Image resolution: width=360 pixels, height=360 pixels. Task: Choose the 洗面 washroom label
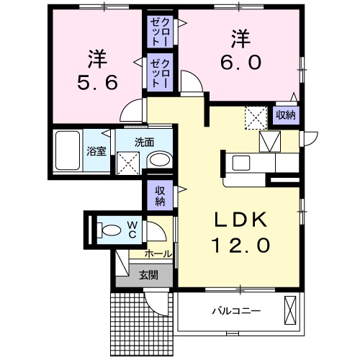143,142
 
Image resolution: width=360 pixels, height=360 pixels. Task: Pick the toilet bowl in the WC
110,231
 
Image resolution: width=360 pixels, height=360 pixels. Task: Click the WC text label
133,230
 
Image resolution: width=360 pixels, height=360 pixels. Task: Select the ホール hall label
158,253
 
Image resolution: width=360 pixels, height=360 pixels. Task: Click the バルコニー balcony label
236,311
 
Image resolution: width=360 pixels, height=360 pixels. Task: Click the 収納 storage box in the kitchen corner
286,114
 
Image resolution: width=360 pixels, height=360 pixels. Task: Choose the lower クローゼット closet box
158,73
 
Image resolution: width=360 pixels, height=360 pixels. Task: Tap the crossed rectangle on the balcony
290,311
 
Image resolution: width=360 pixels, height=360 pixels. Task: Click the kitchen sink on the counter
240,162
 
